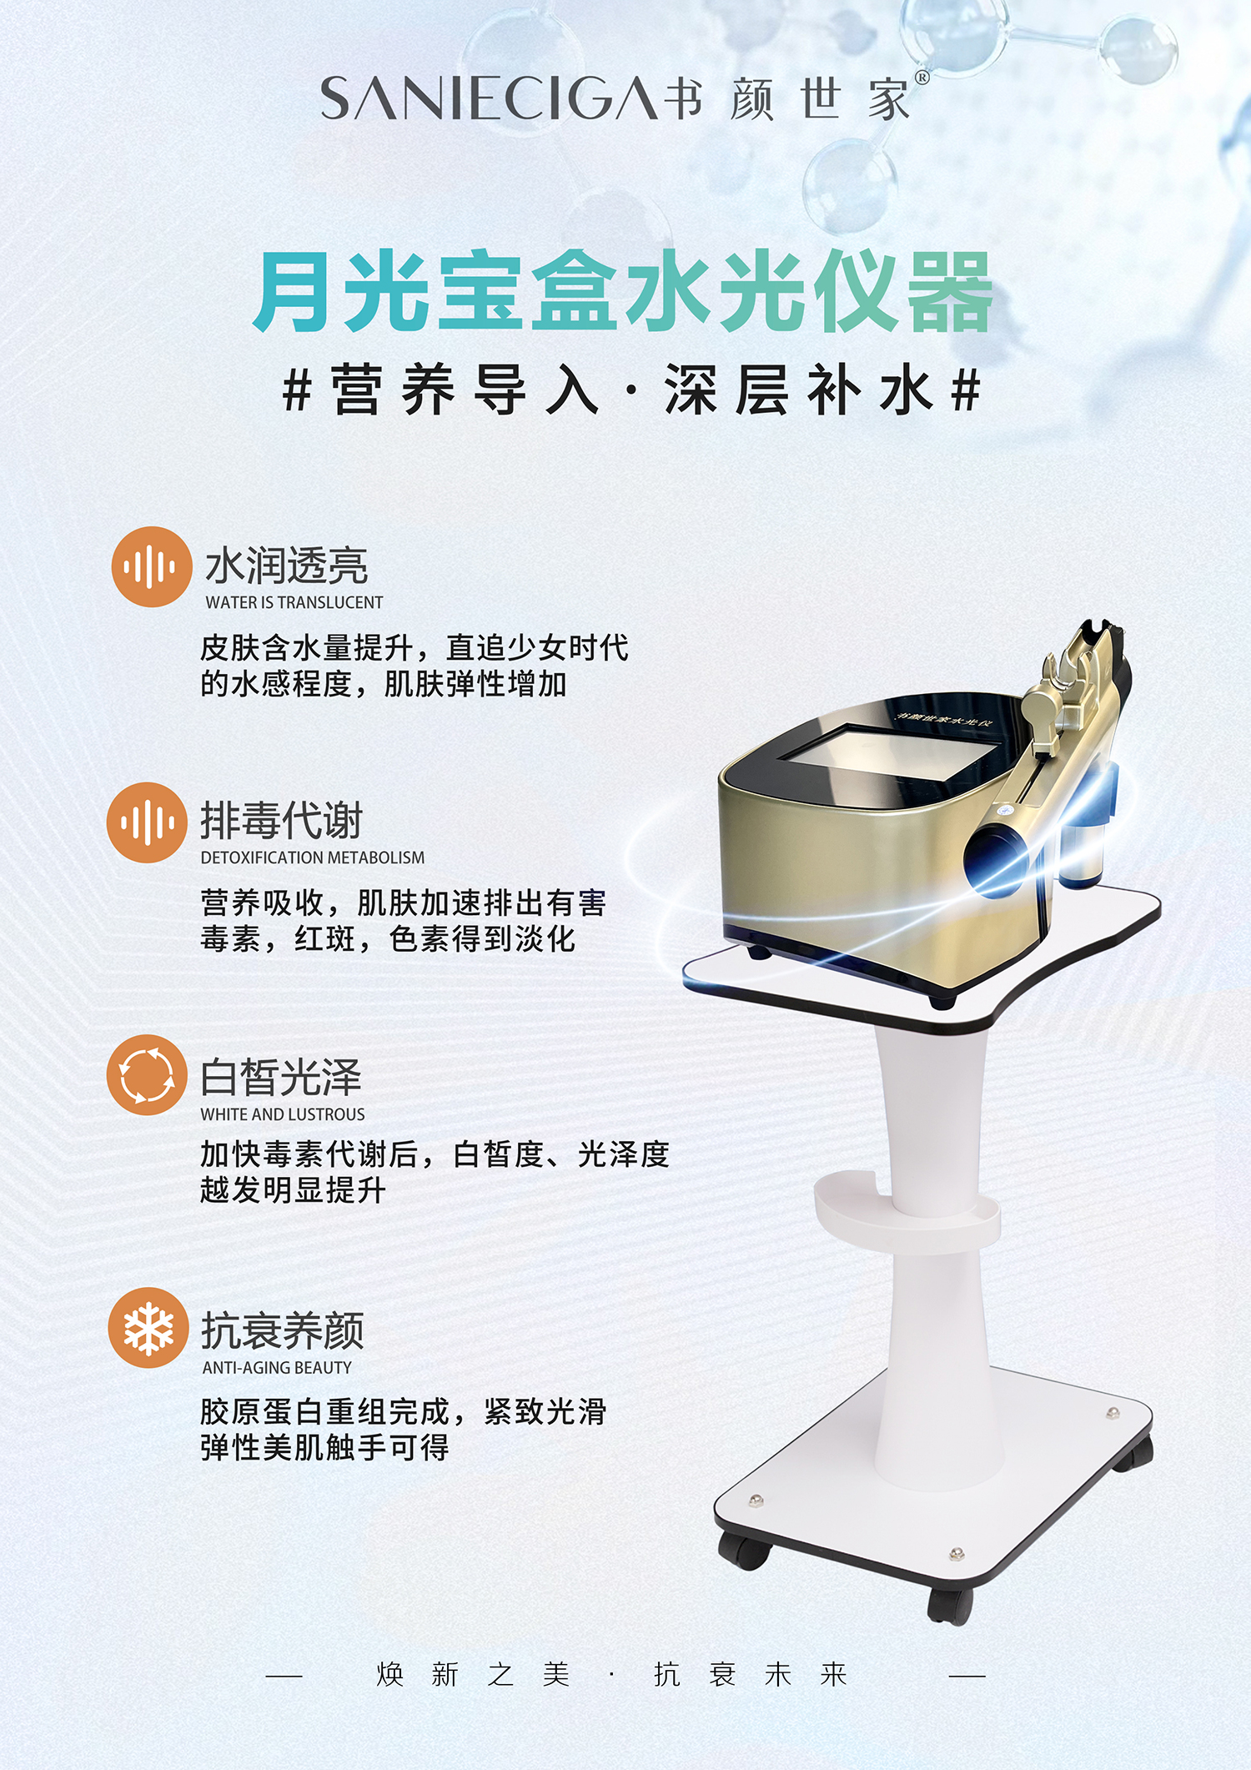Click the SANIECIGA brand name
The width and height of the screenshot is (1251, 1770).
pyautogui.click(x=491, y=98)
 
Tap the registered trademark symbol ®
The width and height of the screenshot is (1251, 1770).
pyautogui.click(x=922, y=78)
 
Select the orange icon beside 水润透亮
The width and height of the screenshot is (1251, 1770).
pyautogui.click(x=152, y=567)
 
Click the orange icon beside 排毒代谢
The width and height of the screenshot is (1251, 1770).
pyautogui.click(x=147, y=822)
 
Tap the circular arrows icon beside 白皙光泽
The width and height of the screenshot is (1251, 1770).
pyautogui.click(x=147, y=1075)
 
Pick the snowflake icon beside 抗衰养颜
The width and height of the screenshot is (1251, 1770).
pyautogui.click(x=148, y=1328)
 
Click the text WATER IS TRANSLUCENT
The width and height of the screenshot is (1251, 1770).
pyautogui.click(x=294, y=602)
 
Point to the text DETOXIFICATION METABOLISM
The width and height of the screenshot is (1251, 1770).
pyautogui.click(x=313, y=857)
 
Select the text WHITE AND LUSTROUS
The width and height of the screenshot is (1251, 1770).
pyautogui.click(x=283, y=1114)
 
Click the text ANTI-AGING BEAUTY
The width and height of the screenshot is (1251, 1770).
pyautogui.click(x=277, y=1368)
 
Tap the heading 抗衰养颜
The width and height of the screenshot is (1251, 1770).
pyautogui.click(x=283, y=1330)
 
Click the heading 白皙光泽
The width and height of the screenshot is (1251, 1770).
pyautogui.click(x=281, y=1077)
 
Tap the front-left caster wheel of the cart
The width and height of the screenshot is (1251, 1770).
pyautogui.click(x=744, y=1551)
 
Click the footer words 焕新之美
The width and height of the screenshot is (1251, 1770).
pyautogui.click(x=473, y=1674)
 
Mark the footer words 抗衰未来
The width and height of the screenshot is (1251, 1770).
pyautogui.click(x=751, y=1674)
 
